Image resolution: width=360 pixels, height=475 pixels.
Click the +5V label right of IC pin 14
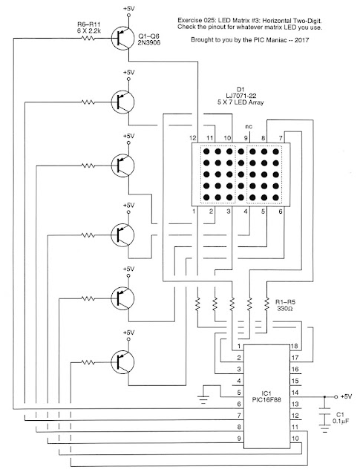(347, 397)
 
